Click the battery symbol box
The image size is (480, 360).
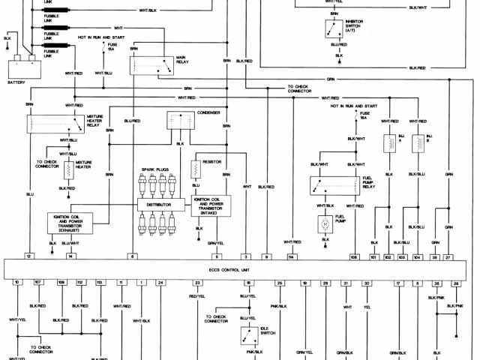(x=23, y=63)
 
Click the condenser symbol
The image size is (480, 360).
(x=179, y=120)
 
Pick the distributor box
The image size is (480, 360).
(x=160, y=205)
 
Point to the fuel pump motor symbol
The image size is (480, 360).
(x=325, y=223)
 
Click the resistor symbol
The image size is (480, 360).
(x=196, y=169)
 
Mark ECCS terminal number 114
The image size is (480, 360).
(x=291, y=256)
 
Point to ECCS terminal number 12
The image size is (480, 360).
(x=28, y=256)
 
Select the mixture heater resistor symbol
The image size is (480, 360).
(x=68, y=170)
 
